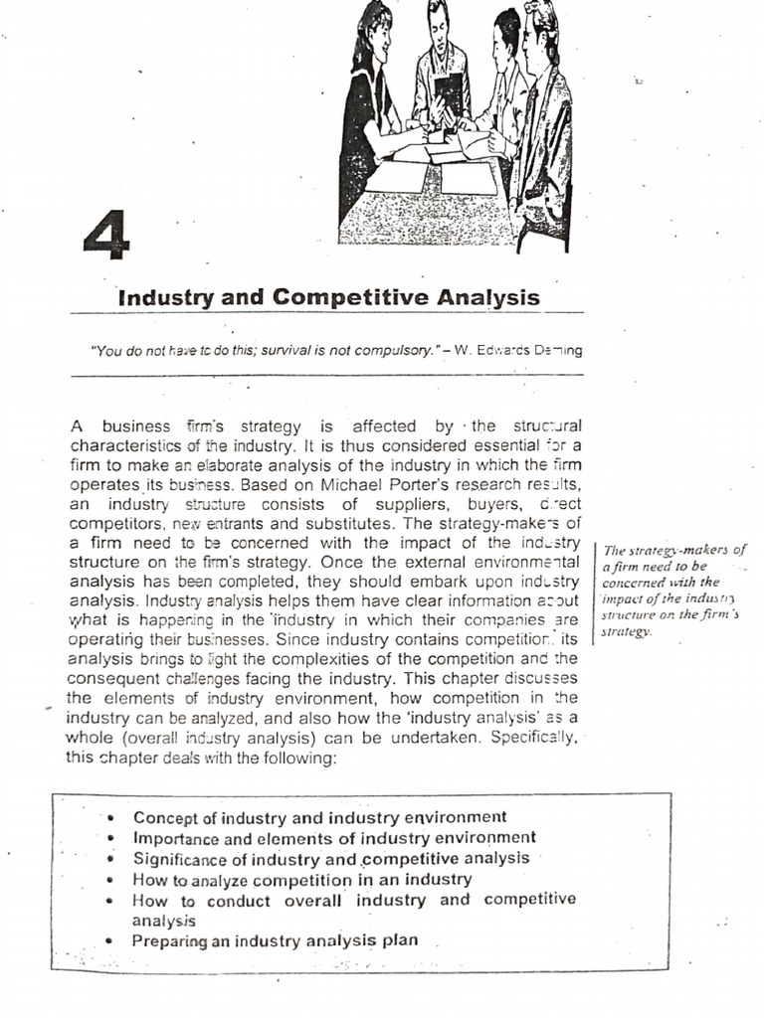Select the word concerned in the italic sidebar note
(x=634, y=582)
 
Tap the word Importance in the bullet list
(x=177, y=838)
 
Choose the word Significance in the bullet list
(x=182, y=859)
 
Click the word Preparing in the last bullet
(x=170, y=940)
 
